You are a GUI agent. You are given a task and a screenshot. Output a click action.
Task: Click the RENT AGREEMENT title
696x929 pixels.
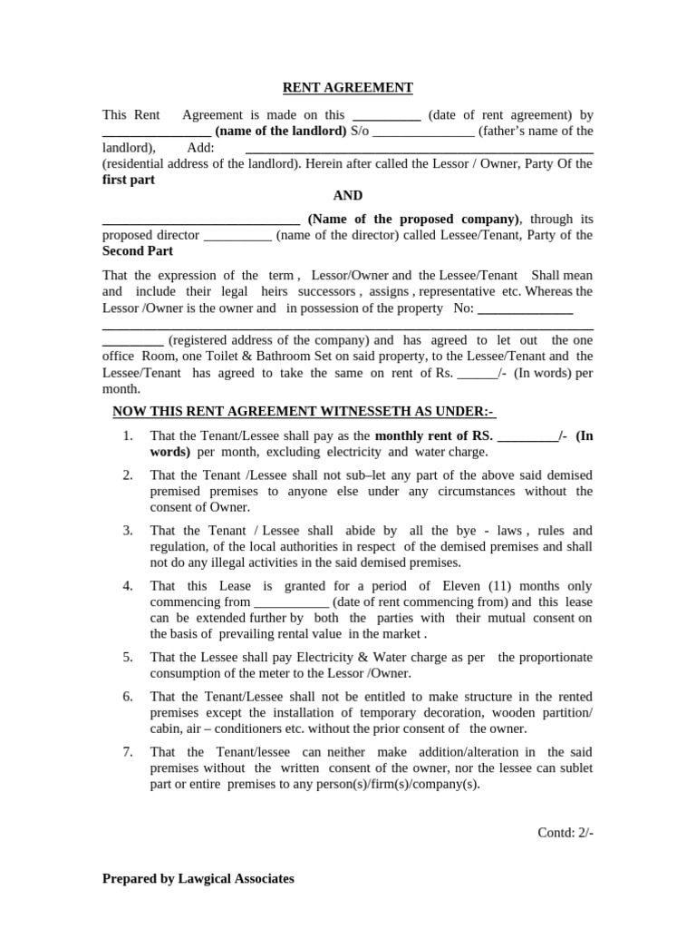tap(348, 87)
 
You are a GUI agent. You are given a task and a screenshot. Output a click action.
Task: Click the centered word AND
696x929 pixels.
tap(348, 195)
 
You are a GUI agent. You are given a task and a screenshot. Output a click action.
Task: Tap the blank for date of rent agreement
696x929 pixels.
tap(386, 116)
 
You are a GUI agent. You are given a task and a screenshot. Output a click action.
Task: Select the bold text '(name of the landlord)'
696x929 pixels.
tap(280, 131)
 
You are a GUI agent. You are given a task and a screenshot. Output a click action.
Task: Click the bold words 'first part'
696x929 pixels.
tap(129, 180)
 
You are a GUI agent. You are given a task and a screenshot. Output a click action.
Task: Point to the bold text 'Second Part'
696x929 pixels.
tap(138, 250)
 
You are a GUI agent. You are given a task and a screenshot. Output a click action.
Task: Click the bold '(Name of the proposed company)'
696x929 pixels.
tap(414, 219)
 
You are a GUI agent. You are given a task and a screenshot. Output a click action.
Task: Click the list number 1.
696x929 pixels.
tap(128, 435)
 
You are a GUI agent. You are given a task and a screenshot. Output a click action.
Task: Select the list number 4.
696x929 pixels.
tap(128, 586)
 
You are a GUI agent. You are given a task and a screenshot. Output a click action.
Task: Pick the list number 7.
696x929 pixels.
tap(128, 751)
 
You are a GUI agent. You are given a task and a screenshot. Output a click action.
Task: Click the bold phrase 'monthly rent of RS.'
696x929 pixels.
tap(433, 435)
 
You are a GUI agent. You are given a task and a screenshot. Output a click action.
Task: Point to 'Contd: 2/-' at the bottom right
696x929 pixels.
tap(565, 833)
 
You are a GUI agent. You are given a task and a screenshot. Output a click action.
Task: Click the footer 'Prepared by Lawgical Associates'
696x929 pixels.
tap(198, 878)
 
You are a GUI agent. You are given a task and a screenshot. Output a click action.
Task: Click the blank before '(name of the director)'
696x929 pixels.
tap(237, 235)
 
